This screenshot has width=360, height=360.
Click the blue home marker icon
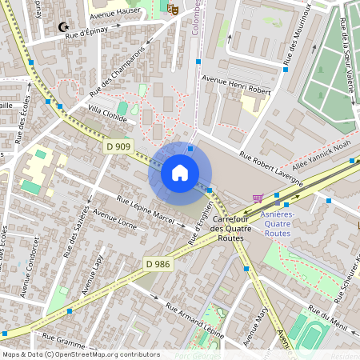(179, 173)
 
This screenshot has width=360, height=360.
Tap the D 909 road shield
(118, 146)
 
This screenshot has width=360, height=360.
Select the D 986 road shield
(158, 262)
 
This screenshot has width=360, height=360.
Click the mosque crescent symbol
(63, 27)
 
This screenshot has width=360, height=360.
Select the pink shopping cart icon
(258, 198)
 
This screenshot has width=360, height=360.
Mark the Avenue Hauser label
(115, 12)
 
